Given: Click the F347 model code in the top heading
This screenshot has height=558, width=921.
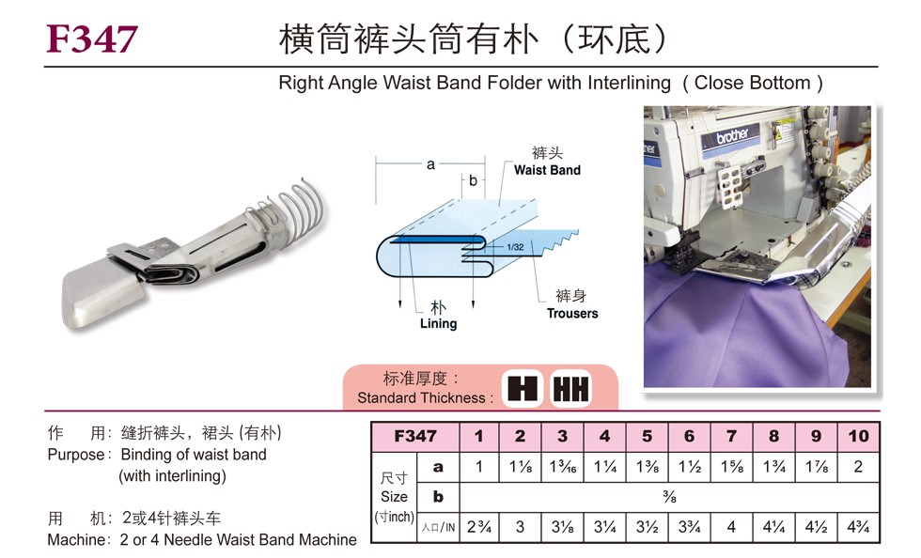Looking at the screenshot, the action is coord(92,39).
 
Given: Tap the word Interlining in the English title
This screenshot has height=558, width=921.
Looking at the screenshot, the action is coord(629,83).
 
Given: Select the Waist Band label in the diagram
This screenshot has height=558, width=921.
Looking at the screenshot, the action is coord(547,170).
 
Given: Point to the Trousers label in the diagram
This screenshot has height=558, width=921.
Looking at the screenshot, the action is coord(572,314).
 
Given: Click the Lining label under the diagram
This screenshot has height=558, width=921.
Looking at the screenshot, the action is coord(438,324).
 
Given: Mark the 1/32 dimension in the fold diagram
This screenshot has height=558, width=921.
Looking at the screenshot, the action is coord(515,247).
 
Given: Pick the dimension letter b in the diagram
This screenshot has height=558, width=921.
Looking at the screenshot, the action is coord(473,181).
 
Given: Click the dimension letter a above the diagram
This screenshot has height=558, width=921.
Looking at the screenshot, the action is coord(430,164).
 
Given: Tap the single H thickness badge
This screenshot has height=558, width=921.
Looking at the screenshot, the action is coord(523,388).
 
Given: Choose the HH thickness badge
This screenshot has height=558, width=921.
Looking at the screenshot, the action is coord(571,388).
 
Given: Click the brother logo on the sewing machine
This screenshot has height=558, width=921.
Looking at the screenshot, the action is coord(732,136).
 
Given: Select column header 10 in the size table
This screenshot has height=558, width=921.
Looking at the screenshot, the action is coord(858,437).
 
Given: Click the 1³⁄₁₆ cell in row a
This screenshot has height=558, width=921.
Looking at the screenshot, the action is coord(562,467).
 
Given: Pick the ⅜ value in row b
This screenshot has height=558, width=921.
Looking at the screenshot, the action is coord(669,497).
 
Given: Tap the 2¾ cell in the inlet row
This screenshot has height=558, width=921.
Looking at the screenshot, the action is coord(478,527).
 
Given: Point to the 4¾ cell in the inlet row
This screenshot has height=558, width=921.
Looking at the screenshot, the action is coord(858,527).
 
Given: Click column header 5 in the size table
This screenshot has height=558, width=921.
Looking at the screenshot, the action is coord(647,437).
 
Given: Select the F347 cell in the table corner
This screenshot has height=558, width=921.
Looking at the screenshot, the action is coord(415,437).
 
